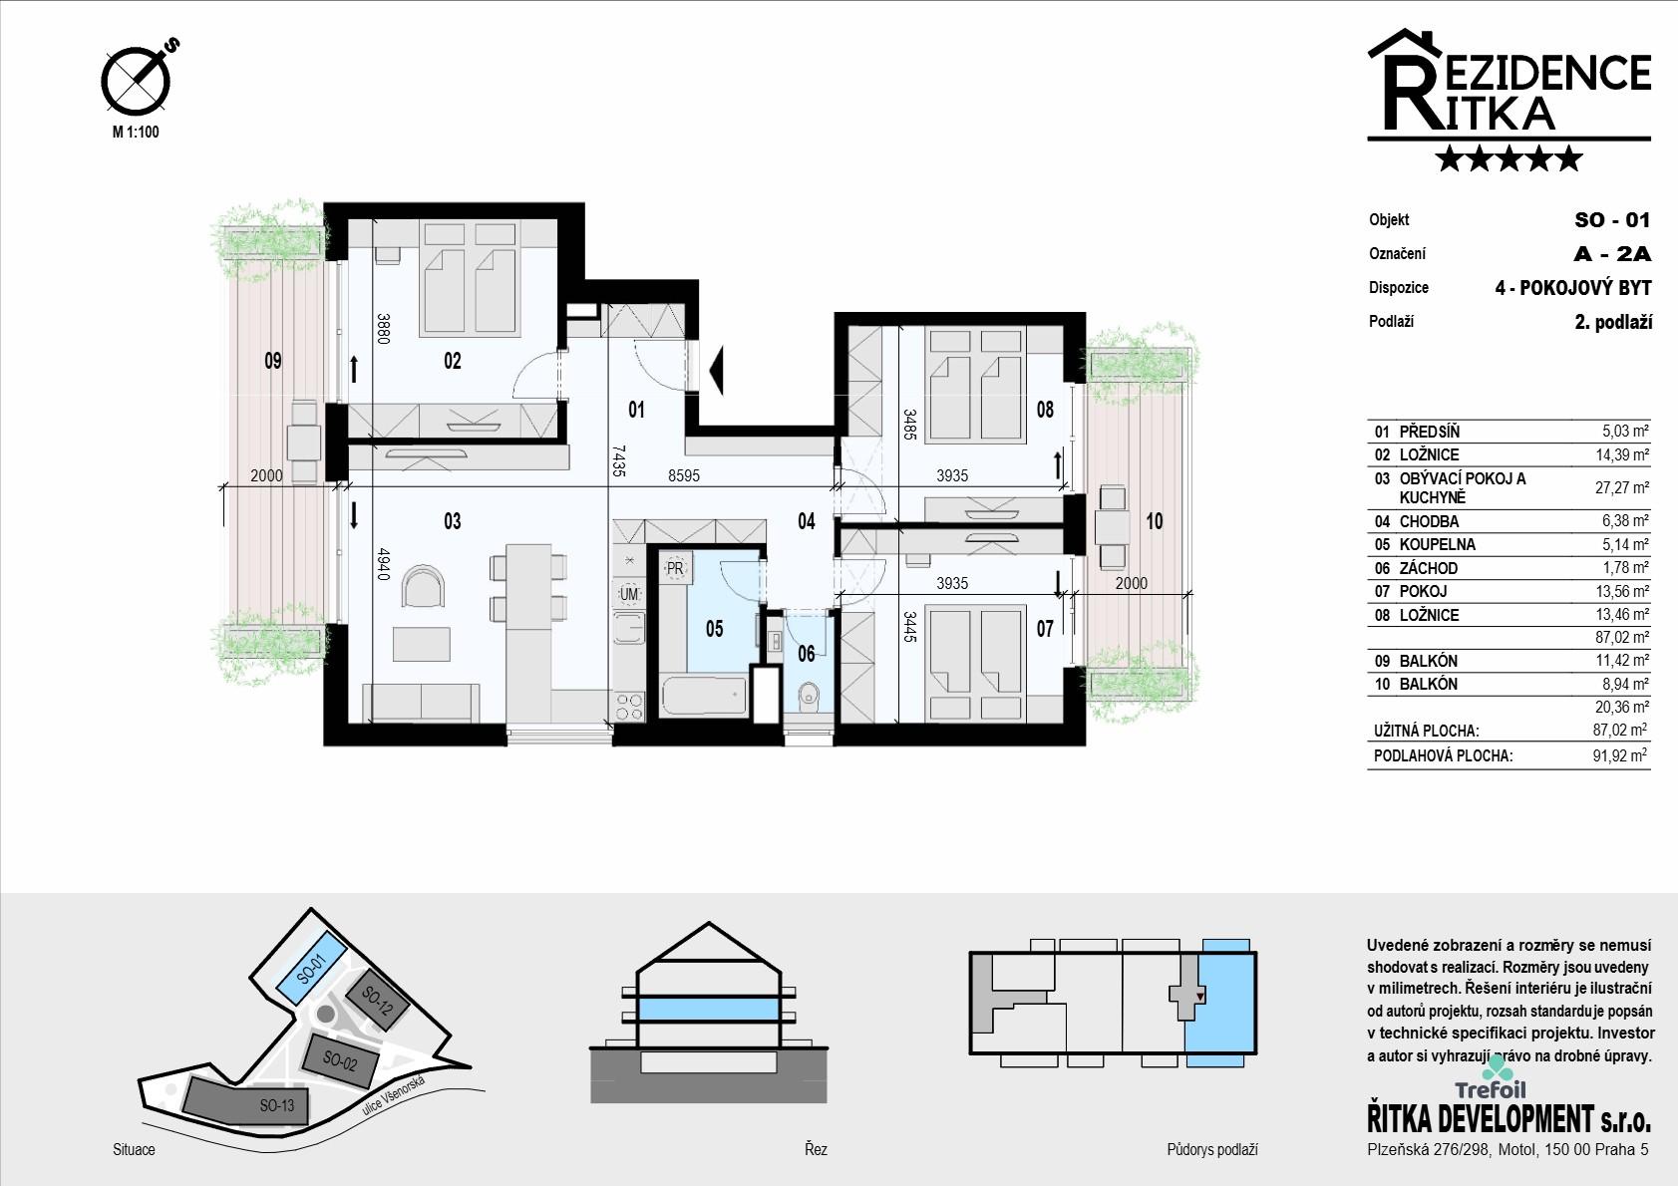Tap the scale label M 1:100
pyautogui.click(x=136, y=132)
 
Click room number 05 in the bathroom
pyautogui.click(x=714, y=629)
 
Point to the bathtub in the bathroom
pyautogui.click(x=704, y=697)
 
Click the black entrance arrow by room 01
pyautogui.click(x=715, y=370)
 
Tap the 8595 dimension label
pyautogui.click(x=684, y=475)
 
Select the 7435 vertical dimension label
pyautogui.click(x=618, y=461)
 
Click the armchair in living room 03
pyautogui.click(x=424, y=586)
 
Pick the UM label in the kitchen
pyautogui.click(x=629, y=594)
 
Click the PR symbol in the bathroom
pyautogui.click(x=675, y=568)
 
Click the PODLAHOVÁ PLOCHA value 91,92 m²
pyautogui.click(x=1619, y=755)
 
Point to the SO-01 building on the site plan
pyautogui.click(x=311, y=969)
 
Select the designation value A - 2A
pyautogui.click(x=1612, y=254)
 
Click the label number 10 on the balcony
pyautogui.click(x=1155, y=521)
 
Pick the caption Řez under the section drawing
pyautogui.click(x=816, y=1148)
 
